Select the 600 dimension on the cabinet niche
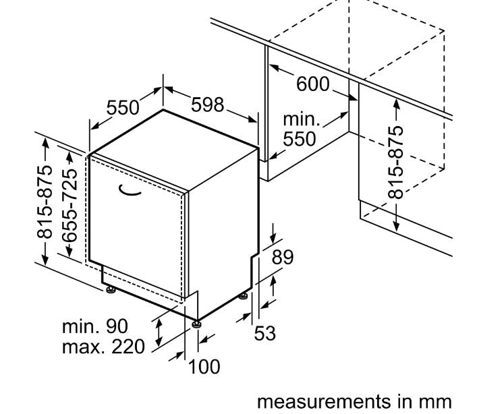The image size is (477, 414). [x=313, y=84]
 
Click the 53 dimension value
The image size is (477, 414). [x=264, y=332]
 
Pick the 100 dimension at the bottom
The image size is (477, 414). [x=204, y=367]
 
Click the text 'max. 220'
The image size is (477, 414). [x=103, y=347]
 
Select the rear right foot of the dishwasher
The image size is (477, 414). [x=244, y=295]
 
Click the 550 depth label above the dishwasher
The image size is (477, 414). [x=123, y=107]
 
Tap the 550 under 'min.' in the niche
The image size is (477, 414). [x=300, y=138]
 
